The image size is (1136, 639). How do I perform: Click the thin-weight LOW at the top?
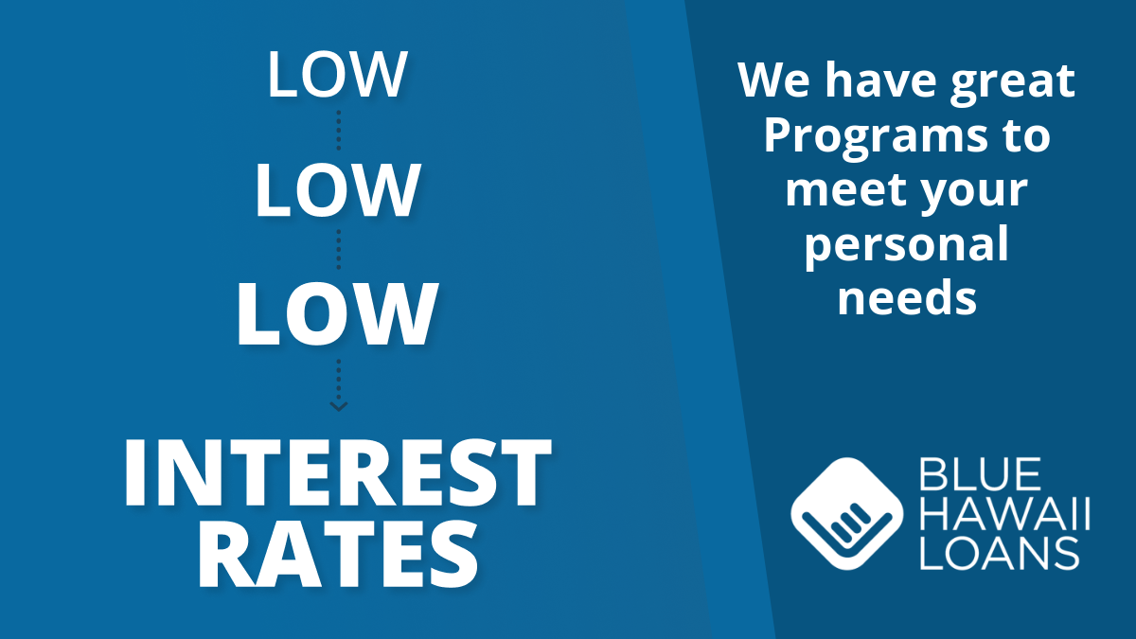[x=337, y=74]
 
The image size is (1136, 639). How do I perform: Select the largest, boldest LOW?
[x=337, y=314]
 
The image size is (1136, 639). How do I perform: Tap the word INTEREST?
[x=337, y=472]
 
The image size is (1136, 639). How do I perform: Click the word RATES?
[x=338, y=555]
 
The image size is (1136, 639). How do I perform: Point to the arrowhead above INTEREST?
[x=338, y=406]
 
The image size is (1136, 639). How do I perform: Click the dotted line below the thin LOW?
[x=338, y=131]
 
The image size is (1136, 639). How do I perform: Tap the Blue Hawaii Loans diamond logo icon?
[x=846, y=514]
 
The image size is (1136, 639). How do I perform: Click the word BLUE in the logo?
[x=980, y=473]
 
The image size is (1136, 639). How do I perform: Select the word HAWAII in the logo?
[x=1004, y=514]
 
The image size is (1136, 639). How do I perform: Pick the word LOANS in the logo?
[x=999, y=553]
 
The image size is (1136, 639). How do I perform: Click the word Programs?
[x=876, y=139]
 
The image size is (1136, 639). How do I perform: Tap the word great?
[x=1013, y=82]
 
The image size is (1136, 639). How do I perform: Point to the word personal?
[x=906, y=247]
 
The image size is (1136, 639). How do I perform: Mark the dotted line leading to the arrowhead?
[x=338, y=382]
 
